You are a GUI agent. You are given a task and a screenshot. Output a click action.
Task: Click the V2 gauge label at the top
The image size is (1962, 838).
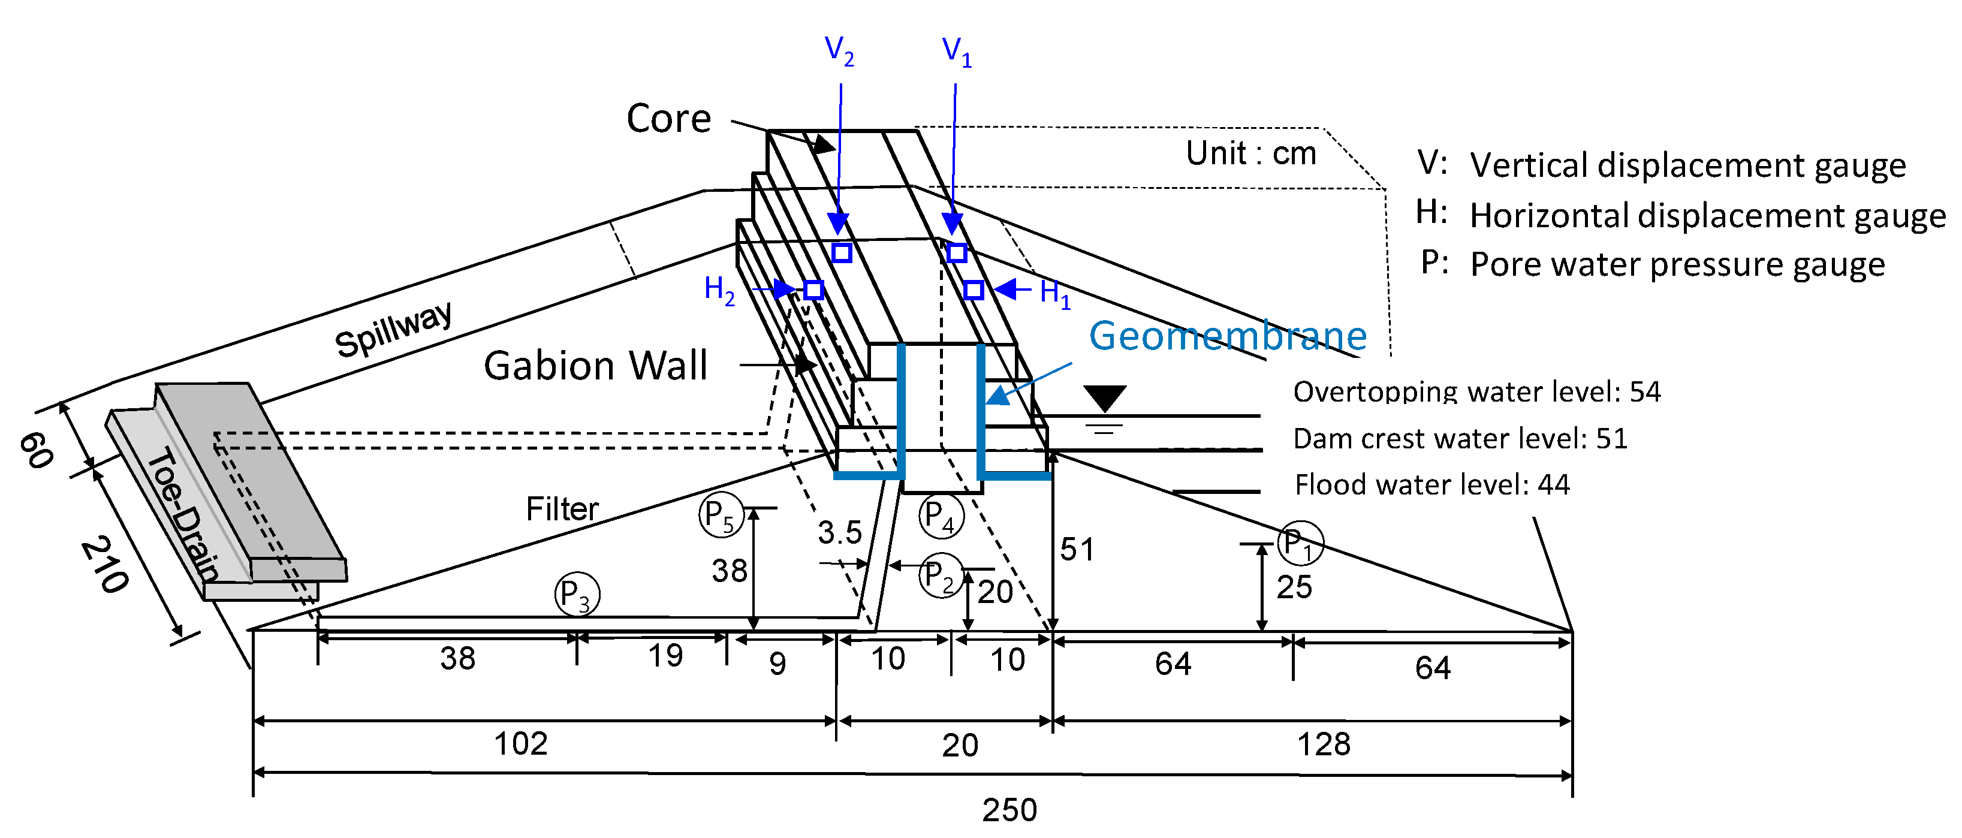839,51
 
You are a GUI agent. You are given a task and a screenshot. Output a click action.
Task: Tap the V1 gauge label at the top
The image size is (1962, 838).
956,51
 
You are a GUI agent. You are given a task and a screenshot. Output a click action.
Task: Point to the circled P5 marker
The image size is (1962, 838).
721,516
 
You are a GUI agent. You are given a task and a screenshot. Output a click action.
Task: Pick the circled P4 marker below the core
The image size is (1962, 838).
941,516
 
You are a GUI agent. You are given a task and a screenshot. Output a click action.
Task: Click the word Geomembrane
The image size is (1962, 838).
1227,336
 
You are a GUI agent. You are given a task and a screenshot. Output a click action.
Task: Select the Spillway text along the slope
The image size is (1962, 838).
393,329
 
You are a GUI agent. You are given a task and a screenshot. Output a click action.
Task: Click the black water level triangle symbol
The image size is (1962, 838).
1104,397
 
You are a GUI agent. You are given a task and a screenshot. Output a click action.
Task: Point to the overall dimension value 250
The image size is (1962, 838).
1009,810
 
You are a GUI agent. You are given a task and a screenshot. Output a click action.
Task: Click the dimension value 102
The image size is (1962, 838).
520,743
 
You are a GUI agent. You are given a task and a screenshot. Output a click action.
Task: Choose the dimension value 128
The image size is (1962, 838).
1323,743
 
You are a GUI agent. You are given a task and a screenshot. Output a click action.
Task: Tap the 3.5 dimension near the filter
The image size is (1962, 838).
839,532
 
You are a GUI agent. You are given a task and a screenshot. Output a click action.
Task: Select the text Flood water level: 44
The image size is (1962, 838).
1432,484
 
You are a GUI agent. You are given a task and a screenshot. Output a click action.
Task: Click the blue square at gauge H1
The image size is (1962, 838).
974,290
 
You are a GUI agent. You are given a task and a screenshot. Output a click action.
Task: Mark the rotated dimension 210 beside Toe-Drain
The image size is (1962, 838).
104,565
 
